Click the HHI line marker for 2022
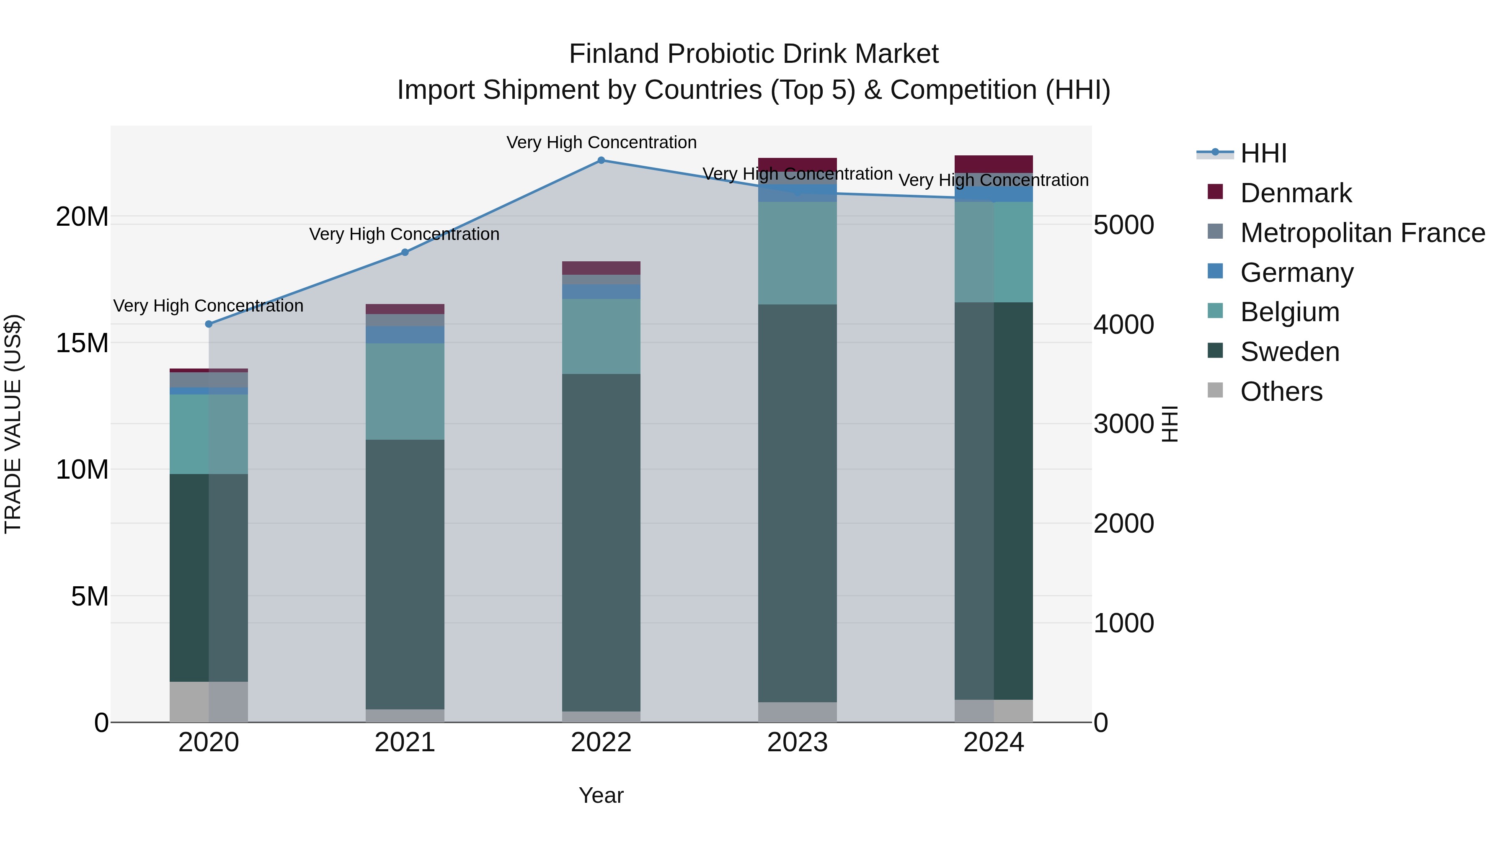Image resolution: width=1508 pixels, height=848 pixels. (601, 160)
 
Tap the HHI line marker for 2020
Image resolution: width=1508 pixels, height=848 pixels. (209, 324)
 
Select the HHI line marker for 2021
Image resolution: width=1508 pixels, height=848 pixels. (405, 252)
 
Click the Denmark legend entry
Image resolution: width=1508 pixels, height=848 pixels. (1296, 193)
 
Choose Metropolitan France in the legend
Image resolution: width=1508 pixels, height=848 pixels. (1362, 233)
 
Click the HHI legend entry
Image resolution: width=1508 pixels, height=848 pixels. (1263, 153)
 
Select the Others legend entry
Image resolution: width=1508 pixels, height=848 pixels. (1281, 392)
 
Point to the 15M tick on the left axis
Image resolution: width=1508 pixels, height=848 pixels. (82, 343)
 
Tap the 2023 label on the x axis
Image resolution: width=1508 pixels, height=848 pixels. (797, 742)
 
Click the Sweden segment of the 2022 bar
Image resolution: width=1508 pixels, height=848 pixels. (601, 542)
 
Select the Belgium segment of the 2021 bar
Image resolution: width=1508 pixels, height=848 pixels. (405, 391)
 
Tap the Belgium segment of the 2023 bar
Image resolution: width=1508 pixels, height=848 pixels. (797, 253)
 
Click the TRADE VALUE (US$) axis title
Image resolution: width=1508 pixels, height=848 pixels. (13, 424)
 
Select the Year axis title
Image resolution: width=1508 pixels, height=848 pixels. (601, 795)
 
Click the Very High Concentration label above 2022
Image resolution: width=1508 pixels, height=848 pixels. (601, 142)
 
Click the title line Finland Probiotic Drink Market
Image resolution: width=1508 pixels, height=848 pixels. (754, 54)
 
